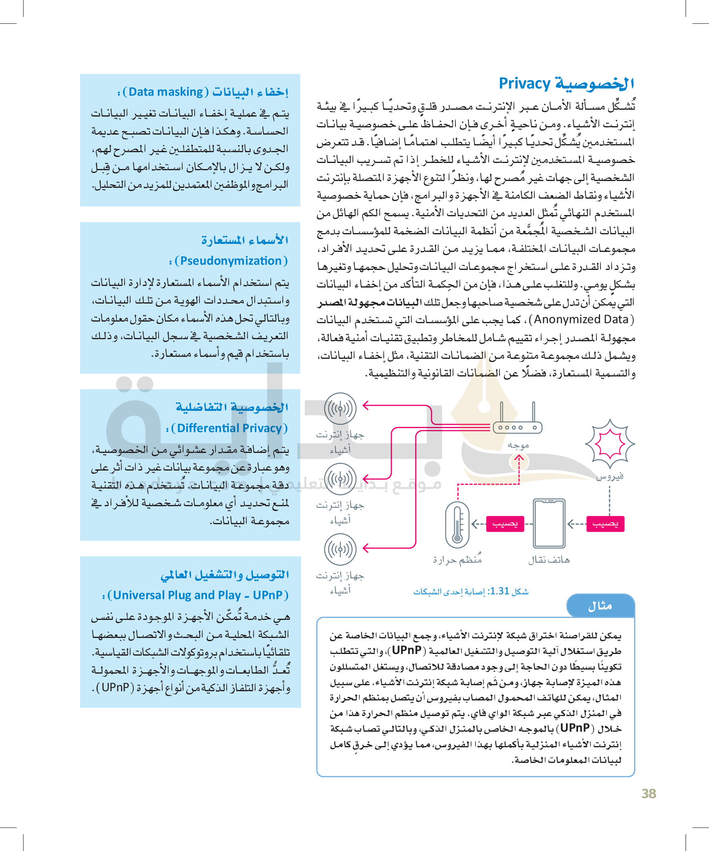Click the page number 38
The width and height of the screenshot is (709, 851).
pos(649,793)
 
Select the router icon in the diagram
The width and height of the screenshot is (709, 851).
pos(517,421)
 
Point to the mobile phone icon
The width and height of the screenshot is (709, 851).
pos(549,523)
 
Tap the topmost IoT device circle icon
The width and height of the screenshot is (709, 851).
pos(340,408)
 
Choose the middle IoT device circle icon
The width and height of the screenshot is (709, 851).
pos(340,479)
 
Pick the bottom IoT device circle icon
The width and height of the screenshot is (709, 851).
pos(340,549)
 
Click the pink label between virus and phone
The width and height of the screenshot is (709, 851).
pos(605,523)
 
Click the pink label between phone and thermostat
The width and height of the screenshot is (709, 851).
pos(505,523)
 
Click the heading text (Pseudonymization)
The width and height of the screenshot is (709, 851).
pos(231,261)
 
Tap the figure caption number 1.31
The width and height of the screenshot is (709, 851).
pos(500,591)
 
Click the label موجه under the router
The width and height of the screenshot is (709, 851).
pos(518,445)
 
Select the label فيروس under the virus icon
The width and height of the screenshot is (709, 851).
pos(609,476)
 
